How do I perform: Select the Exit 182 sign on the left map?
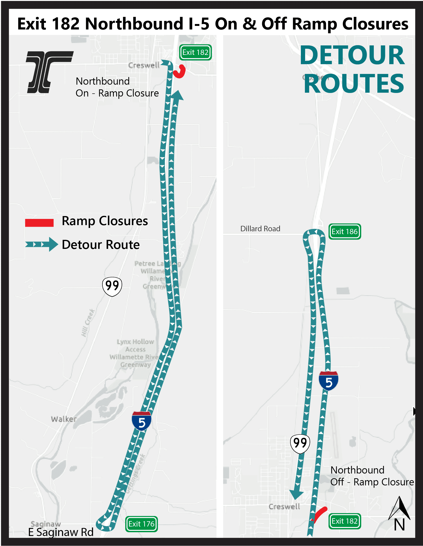click(195, 52)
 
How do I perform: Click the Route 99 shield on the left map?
click(112, 286)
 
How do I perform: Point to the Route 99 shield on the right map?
click(300, 444)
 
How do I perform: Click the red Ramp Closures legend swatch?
click(39, 222)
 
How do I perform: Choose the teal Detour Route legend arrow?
click(41, 244)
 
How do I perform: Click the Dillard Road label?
click(260, 228)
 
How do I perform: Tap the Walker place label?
click(64, 419)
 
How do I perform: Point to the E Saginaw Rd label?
click(61, 532)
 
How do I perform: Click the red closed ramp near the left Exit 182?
click(179, 72)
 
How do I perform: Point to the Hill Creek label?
click(88, 323)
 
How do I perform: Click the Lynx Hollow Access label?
click(135, 346)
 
